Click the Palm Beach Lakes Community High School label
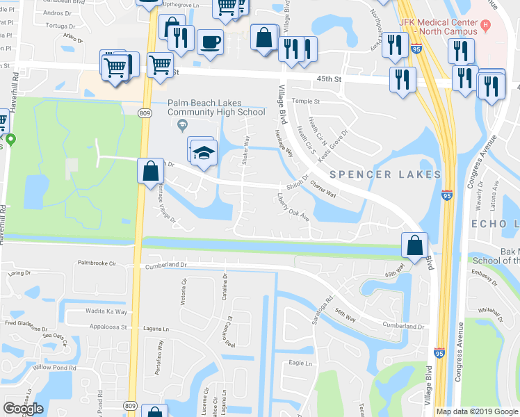(216, 108)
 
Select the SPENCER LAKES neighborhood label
(385, 174)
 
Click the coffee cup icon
(210, 41)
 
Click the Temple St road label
(305, 101)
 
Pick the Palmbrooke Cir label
(97, 263)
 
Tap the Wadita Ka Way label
(107, 312)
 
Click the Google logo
(24, 409)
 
